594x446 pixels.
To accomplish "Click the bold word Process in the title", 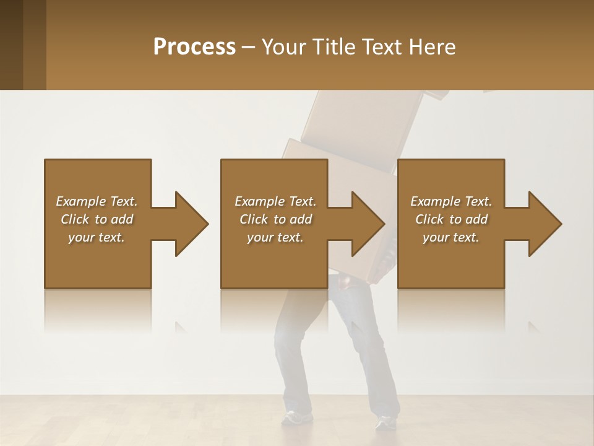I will click(x=194, y=47).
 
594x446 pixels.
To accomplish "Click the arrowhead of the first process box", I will click(x=191, y=224).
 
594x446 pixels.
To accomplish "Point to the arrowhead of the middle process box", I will click(x=368, y=224).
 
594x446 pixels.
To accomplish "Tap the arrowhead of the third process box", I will click(x=544, y=224).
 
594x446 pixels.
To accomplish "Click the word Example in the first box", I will click(x=81, y=201).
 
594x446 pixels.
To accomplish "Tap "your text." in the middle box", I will click(x=275, y=237).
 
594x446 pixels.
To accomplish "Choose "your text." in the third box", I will click(x=451, y=237).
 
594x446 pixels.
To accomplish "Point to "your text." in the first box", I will click(x=97, y=237).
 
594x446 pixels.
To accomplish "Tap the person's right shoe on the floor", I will click(x=386, y=422).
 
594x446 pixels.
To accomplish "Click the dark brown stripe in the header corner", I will click(x=11, y=45).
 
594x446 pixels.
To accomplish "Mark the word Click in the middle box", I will click(x=254, y=219).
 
